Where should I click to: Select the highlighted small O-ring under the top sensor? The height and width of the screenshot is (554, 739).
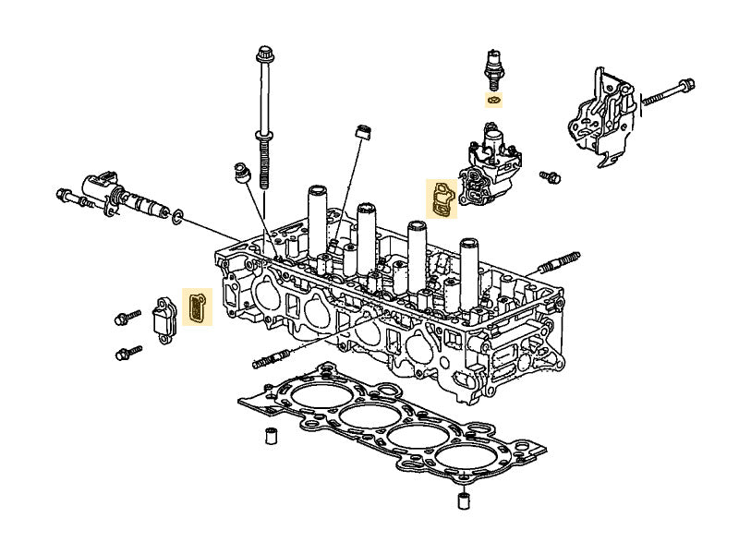[x=494, y=99]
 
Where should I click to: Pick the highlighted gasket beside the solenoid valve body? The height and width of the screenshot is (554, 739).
[x=442, y=199]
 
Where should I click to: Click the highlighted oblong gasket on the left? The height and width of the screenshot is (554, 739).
[x=197, y=307]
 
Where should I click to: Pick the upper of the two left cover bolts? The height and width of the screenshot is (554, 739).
[x=126, y=319]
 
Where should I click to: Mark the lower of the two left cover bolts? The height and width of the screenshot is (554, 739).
[x=128, y=353]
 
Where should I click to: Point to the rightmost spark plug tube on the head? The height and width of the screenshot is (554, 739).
[x=470, y=268]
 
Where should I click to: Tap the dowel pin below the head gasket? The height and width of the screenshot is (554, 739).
[x=462, y=501]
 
